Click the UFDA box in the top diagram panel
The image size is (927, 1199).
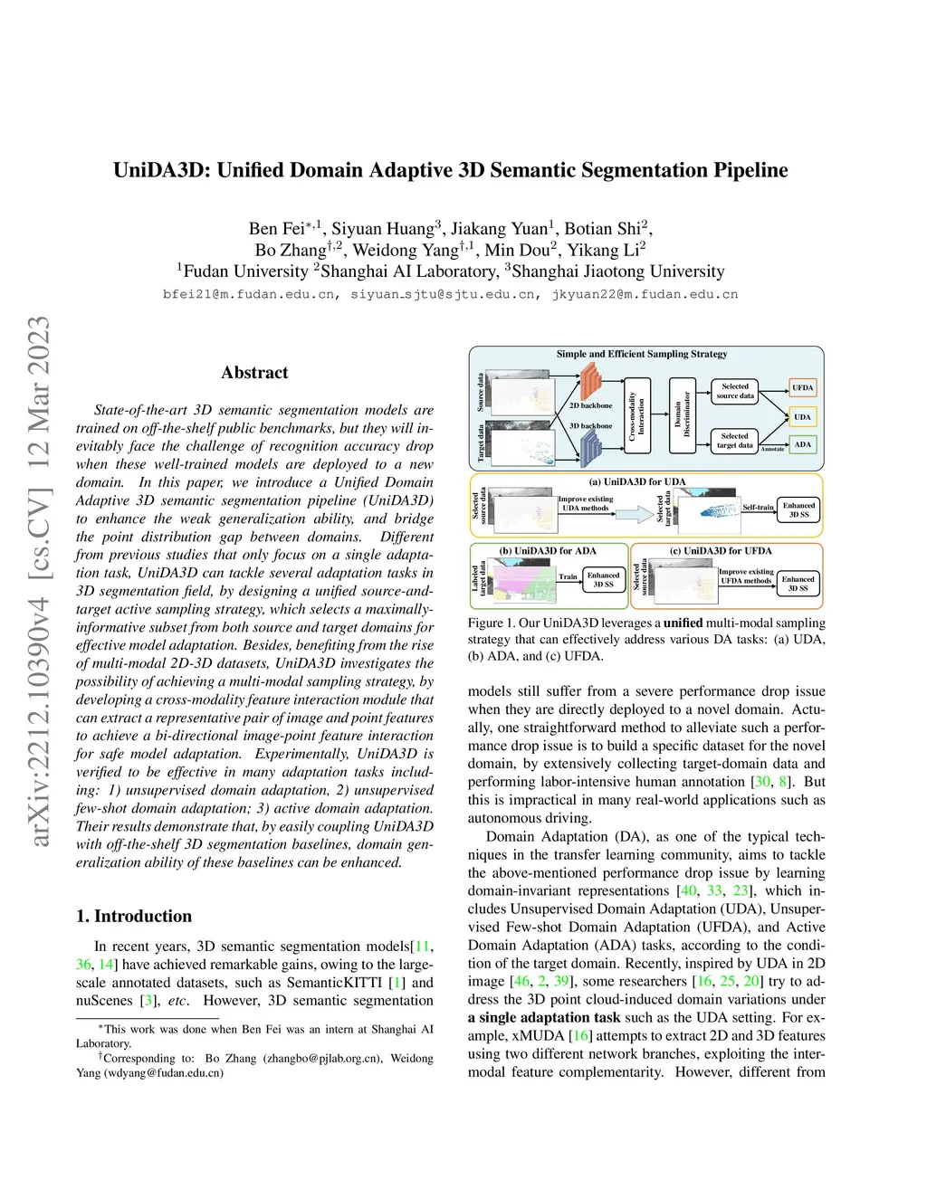(x=802, y=388)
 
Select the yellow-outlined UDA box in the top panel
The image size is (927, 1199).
(x=802, y=417)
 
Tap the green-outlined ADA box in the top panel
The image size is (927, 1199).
(x=802, y=444)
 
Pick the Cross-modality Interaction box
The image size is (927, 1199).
(x=637, y=414)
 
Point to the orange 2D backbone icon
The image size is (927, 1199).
(x=590, y=383)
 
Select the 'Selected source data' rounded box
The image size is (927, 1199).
(x=734, y=391)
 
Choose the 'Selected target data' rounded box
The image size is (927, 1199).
(x=734, y=441)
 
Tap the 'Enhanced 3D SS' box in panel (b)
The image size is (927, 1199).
(x=603, y=580)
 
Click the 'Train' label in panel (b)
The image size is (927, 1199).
(x=568, y=576)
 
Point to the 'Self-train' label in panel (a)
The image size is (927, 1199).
(x=758, y=508)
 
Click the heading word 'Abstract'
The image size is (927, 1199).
(x=254, y=373)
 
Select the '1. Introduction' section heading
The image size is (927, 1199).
(x=134, y=916)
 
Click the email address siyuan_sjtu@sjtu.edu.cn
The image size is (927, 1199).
(x=443, y=294)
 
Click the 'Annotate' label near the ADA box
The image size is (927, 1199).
(x=772, y=449)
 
